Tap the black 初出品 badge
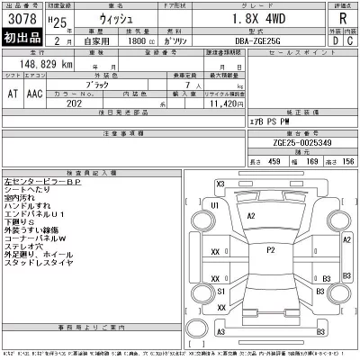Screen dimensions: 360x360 pos(22,40)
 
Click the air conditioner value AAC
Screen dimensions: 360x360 pos(33,93)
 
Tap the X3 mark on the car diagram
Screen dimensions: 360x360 pos(220,184)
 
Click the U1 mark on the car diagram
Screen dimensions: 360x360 pos(215,206)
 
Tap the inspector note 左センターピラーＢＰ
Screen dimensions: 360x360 pos(49,181)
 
